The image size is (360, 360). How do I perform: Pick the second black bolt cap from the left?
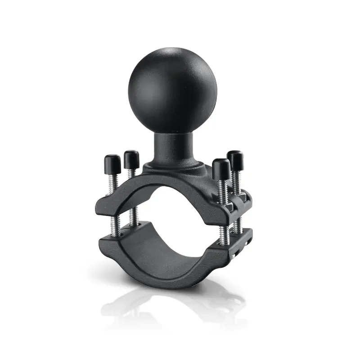pos(131,158)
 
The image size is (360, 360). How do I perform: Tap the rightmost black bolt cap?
pos(235,159)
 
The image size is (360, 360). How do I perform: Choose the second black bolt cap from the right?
pos(221,168)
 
